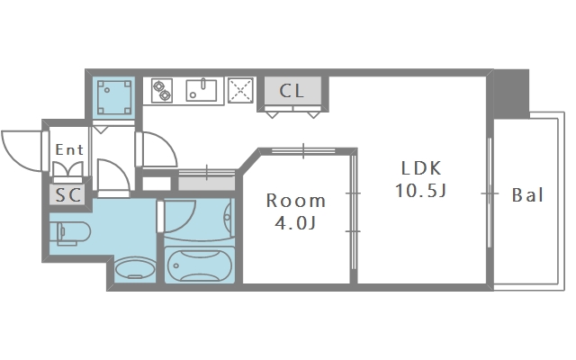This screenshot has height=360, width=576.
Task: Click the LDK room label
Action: point(420,168)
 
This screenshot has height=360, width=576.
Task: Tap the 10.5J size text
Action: point(420,191)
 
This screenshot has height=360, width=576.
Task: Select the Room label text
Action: point(296,201)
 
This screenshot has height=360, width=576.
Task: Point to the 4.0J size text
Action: point(296,222)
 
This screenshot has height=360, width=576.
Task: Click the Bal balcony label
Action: point(527,195)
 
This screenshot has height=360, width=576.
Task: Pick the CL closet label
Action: point(292,91)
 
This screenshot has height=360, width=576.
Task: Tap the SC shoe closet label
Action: point(68,195)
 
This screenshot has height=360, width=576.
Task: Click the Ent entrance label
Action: point(69,149)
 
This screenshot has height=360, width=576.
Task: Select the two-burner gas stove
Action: point(162,91)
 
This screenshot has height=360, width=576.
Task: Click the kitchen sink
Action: point(202,90)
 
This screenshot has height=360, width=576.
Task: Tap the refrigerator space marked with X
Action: point(240,90)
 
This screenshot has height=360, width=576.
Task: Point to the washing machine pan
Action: point(114,98)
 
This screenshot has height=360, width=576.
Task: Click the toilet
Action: point(74,233)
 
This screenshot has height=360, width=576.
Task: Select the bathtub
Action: point(200,265)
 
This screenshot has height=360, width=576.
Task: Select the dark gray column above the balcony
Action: point(511,94)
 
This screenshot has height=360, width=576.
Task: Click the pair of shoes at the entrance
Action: point(68,169)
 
